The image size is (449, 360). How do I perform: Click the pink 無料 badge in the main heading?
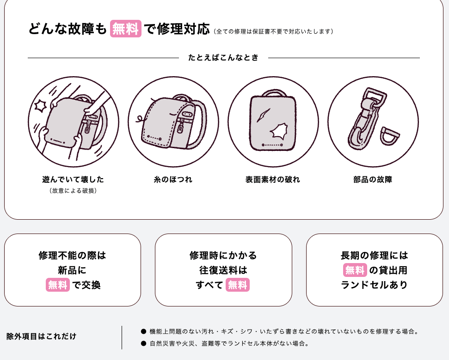point(126,29)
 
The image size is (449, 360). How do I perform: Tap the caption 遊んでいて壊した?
point(73,180)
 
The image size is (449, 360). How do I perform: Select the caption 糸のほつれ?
point(173,180)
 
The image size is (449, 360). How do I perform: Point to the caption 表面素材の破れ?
point(273,180)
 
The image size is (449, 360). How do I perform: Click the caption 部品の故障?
point(373,180)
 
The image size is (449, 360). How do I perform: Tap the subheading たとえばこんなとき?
point(223,57)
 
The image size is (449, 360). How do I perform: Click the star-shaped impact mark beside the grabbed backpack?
point(40,106)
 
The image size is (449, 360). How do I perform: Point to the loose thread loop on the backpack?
point(140,119)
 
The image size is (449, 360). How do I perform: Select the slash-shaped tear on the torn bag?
point(263,115)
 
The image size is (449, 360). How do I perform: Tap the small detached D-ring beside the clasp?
point(389,136)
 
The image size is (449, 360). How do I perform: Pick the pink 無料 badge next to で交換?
point(57,285)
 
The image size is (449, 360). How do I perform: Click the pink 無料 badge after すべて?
point(237,285)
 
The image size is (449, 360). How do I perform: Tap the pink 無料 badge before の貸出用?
point(355,270)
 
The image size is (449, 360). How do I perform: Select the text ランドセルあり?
point(374,285)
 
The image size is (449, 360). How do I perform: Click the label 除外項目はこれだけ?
point(41,336)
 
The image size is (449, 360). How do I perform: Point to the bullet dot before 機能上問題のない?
point(143,331)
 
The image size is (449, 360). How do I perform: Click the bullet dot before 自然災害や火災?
point(143,343)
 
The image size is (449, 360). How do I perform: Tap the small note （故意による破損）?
point(73,191)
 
